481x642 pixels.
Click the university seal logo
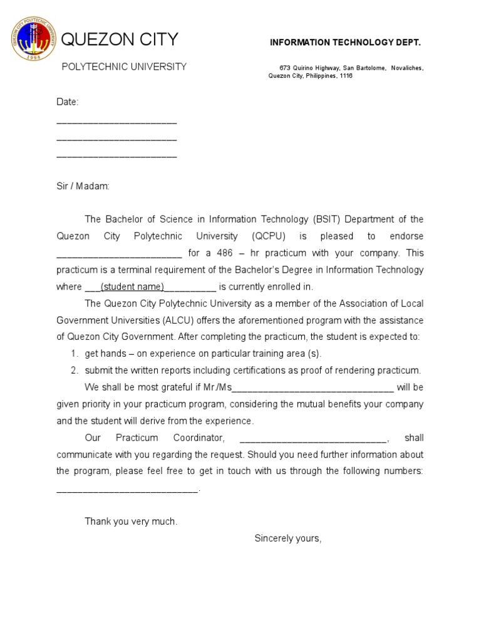[x=34, y=40]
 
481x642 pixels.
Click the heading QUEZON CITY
[x=119, y=39]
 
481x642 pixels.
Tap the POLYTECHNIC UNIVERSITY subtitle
[x=124, y=66]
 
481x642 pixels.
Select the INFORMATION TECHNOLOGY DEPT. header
[x=345, y=42]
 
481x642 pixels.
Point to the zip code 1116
[x=346, y=76]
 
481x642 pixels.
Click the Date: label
[x=67, y=102]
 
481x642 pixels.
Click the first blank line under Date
[x=116, y=122]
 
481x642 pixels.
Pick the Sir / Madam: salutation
[x=83, y=186]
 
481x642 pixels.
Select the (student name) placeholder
[x=132, y=287]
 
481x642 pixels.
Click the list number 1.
[x=73, y=354]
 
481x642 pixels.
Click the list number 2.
[x=73, y=371]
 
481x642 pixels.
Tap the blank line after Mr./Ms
[x=313, y=387]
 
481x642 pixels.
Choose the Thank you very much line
[x=131, y=521]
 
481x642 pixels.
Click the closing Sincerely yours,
[x=287, y=538]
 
